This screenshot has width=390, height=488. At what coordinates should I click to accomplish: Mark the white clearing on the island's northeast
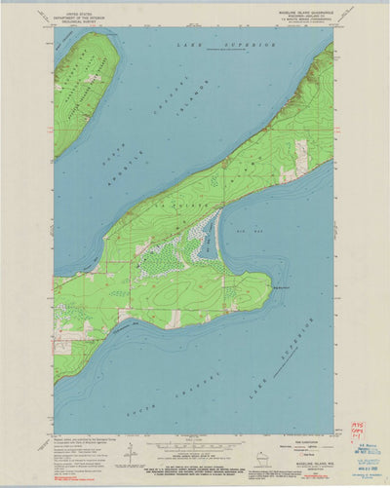click(301, 154)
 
